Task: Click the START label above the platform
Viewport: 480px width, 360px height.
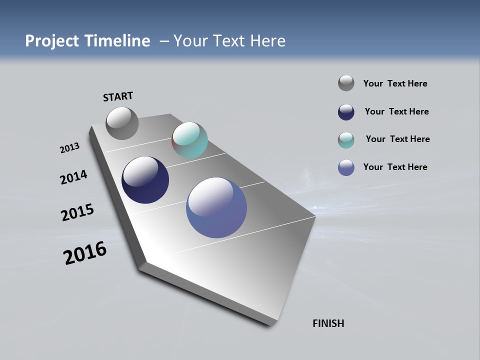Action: (x=118, y=96)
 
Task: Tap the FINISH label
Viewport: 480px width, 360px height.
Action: (x=328, y=323)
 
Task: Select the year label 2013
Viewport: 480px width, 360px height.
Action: (x=69, y=148)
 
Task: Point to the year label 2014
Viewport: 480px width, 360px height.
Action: (x=73, y=177)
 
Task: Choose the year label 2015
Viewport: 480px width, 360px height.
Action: (x=77, y=212)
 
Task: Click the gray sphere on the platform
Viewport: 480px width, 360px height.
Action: (x=122, y=123)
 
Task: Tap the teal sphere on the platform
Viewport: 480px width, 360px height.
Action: (x=189, y=140)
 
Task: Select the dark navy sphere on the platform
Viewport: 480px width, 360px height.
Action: (x=145, y=180)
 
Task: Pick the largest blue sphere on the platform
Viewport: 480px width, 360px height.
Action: (x=216, y=207)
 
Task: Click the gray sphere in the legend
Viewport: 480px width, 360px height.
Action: (x=346, y=83)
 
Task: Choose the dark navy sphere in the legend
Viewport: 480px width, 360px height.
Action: (x=346, y=112)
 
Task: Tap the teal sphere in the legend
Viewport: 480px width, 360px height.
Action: (x=346, y=140)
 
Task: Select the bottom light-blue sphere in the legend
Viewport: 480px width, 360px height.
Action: (x=346, y=167)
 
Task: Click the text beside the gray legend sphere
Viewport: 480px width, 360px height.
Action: (x=395, y=83)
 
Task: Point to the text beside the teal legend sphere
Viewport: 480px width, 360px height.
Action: (x=397, y=139)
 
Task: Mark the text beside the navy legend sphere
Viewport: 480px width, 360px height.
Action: (x=396, y=111)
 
